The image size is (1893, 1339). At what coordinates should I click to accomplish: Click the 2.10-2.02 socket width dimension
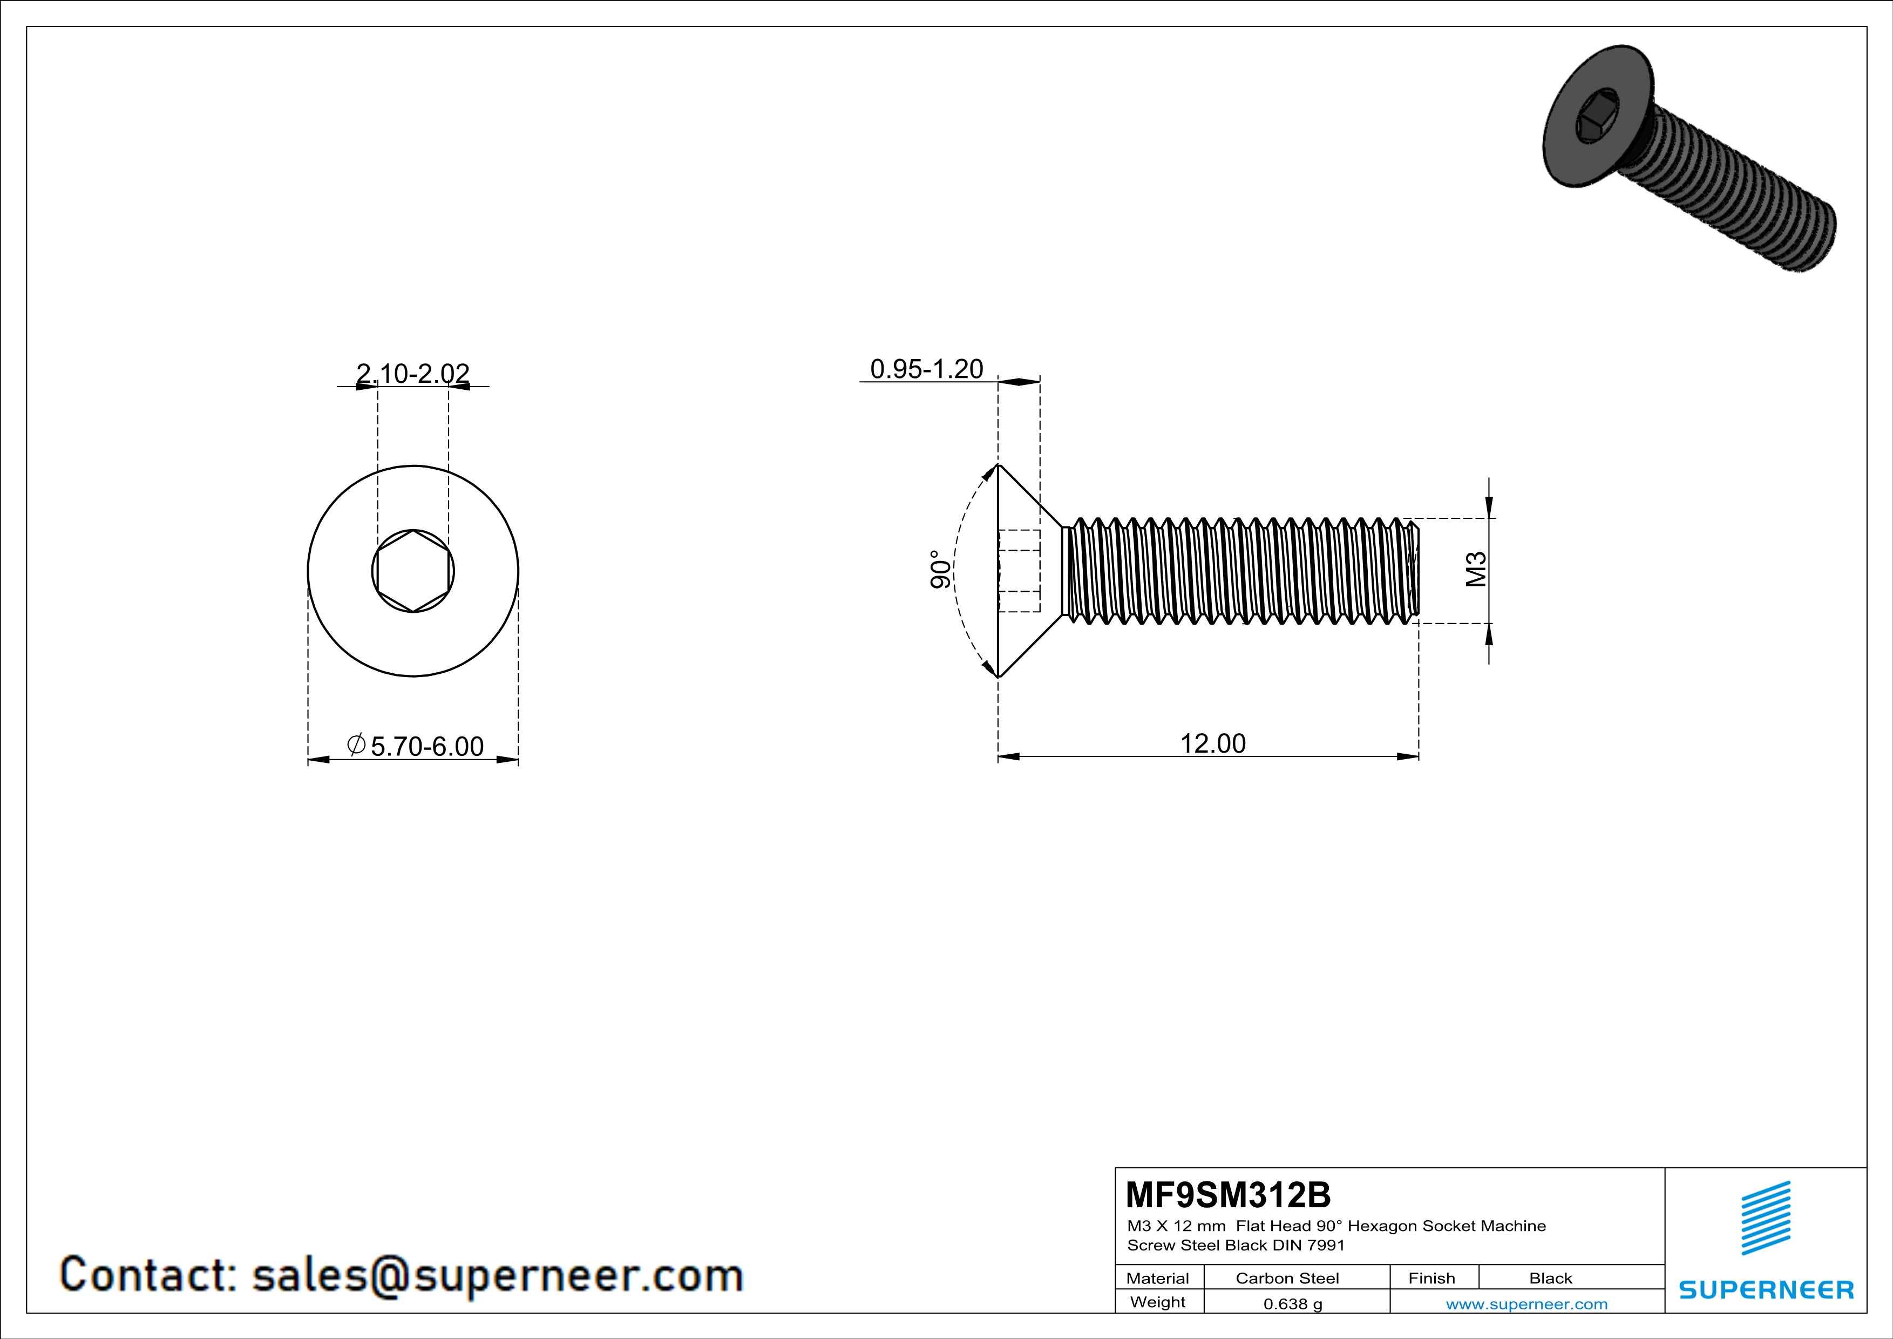412,374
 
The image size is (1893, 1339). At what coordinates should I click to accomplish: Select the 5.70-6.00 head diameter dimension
426,746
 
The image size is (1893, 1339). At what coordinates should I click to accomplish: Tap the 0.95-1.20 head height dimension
927,369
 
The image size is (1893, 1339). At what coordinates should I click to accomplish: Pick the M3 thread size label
1476,570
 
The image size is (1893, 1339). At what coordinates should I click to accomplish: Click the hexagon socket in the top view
413,571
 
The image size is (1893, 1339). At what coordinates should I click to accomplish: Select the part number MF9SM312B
1227,1195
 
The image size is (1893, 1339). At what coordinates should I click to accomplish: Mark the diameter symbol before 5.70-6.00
357,745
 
